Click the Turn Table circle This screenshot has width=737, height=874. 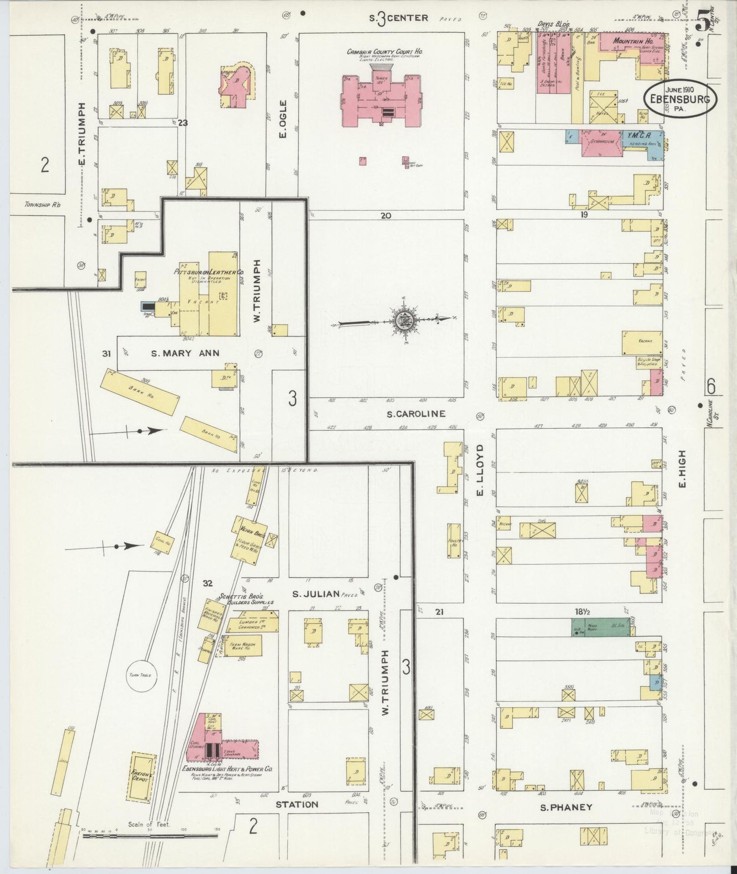[x=141, y=675]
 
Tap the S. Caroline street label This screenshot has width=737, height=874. [x=416, y=414]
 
